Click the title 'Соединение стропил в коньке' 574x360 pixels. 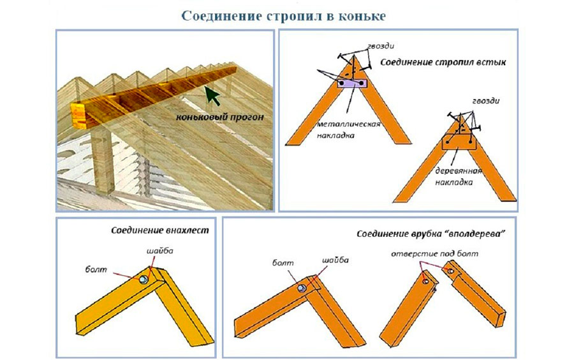[x=284, y=15]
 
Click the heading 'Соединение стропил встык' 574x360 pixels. [x=443, y=63]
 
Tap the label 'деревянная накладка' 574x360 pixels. [x=453, y=177]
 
